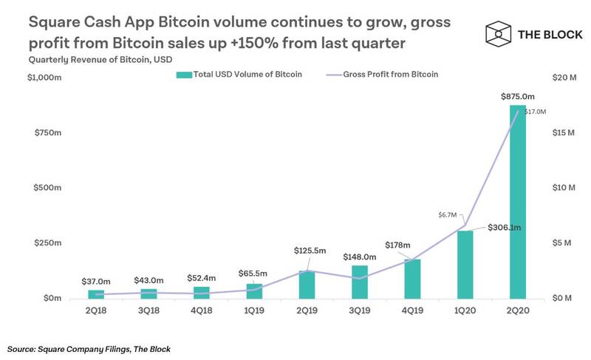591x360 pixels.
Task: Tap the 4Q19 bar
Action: tap(411, 279)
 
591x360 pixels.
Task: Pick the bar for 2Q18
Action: tap(95, 294)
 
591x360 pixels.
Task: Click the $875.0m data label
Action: tap(517, 97)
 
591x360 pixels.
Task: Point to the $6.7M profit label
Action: tap(448, 214)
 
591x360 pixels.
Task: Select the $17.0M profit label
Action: tap(535, 112)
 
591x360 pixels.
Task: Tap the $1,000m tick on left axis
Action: tap(45, 78)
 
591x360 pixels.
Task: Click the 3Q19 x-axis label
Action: tap(359, 312)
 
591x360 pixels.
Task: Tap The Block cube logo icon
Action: tap(499, 33)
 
